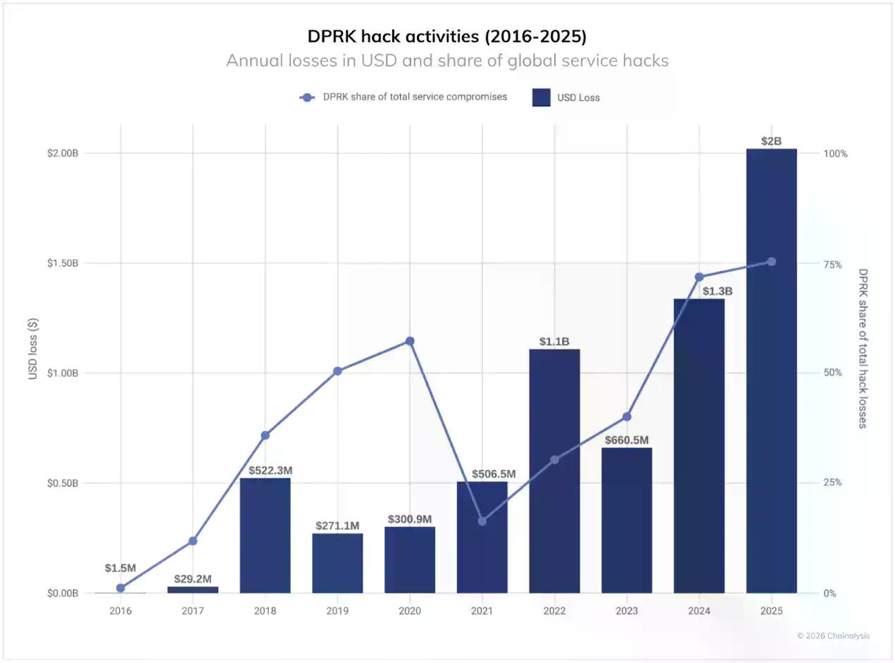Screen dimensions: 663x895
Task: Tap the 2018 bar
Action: (x=265, y=535)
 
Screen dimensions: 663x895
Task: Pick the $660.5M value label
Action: (x=627, y=440)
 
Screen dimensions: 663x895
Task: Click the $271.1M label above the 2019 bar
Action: (x=337, y=526)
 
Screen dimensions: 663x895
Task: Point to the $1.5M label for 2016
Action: (x=120, y=568)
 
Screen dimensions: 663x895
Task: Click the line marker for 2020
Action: (x=410, y=341)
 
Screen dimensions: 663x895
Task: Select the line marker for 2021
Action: (x=482, y=521)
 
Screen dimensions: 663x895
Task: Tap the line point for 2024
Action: (x=699, y=277)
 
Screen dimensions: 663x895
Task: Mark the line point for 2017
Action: (x=193, y=541)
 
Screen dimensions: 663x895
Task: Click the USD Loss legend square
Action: (x=541, y=97)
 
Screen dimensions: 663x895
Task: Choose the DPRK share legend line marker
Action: (x=307, y=97)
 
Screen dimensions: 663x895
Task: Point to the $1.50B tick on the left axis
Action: (x=62, y=263)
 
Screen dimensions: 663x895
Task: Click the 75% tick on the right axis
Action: (x=832, y=264)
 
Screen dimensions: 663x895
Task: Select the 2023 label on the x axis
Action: (x=627, y=611)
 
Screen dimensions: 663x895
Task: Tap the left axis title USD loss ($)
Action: (x=33, y=349)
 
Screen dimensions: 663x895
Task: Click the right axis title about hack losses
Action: (x=863, y=348)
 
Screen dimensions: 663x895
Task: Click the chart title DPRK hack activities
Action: (x=447, y=36)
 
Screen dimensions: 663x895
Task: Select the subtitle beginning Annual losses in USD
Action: (x=447, y=61)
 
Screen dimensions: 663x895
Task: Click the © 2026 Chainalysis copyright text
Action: (x=833, y=636)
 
